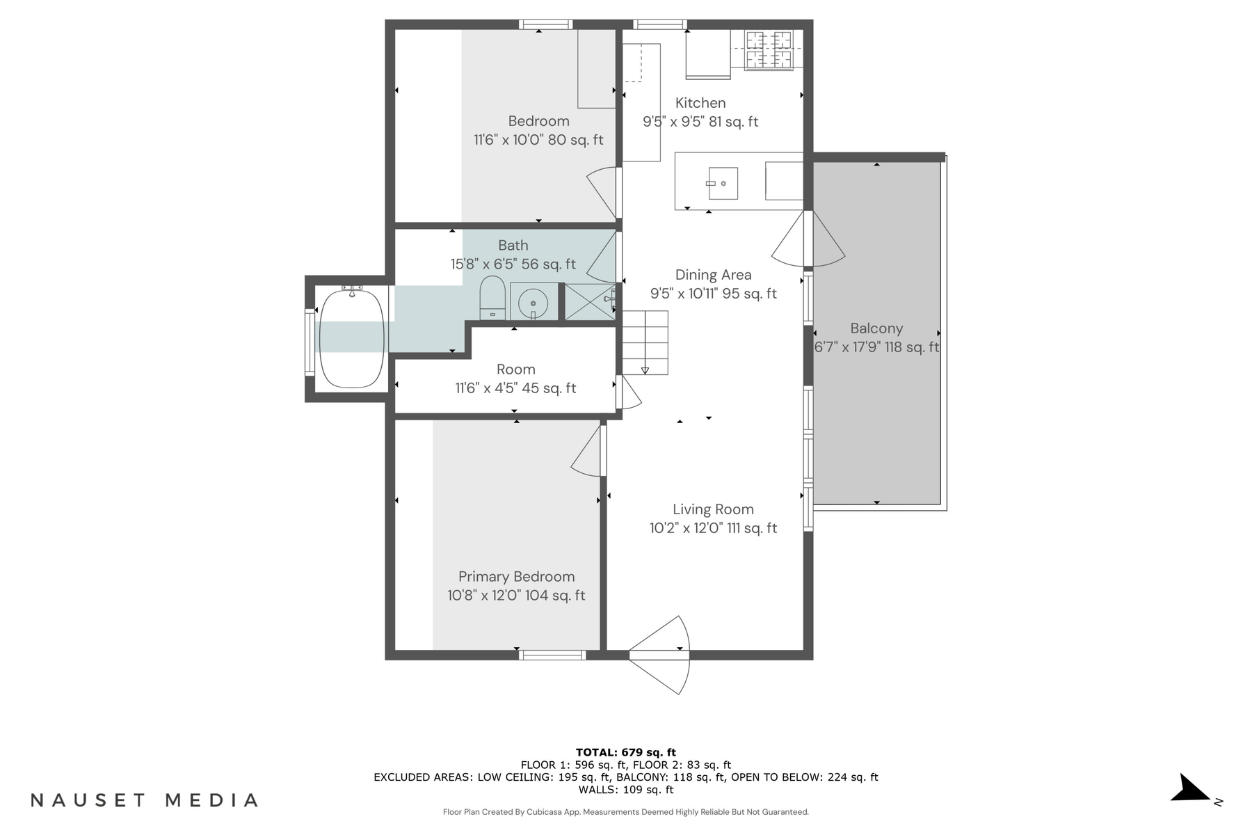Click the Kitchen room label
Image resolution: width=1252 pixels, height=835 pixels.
[700, 103]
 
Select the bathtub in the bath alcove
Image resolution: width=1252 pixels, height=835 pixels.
[352, 338]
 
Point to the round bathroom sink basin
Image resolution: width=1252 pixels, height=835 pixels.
[533, 303]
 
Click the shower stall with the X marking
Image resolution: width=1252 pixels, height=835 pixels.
[588, 302]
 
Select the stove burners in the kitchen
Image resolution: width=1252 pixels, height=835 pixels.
[769, 49]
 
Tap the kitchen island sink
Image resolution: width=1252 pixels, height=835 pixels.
[723, 183]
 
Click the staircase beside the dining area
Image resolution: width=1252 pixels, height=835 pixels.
[645, 342]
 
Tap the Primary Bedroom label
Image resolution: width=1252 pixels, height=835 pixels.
[516, 577]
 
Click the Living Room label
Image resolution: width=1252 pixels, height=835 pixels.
[713, 509]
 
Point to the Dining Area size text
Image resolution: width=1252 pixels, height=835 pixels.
[713, 294]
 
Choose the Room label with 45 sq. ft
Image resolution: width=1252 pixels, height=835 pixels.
[515, 369]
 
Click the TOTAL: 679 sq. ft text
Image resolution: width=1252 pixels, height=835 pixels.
[625, 752]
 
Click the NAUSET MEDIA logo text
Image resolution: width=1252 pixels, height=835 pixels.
[144, 800]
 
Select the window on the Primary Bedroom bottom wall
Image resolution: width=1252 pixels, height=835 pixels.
[553, 655]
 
